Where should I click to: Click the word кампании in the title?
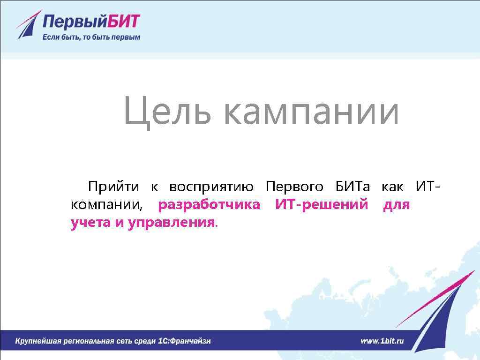pyautogui.click(x=311, y=112)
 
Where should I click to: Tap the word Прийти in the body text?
pyautogui.click(x=113, y=187)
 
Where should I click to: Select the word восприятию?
pyautogui.click(x=211, y=187)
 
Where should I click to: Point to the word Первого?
pyautogui.click(x=294, y=187)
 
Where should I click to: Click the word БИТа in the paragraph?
pyautogui.click(x=352, y=187)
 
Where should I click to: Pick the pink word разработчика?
pyautogui.click(x=209, y=205)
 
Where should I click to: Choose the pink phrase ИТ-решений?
pyautogui.click(x=322, y=205)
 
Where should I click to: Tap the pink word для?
pyautogui.click(x=397, y=205)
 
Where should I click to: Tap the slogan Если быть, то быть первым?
pyautogui.click(x=91, y=37)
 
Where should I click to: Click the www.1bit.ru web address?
pyautogui.click(x=382, y=341)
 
